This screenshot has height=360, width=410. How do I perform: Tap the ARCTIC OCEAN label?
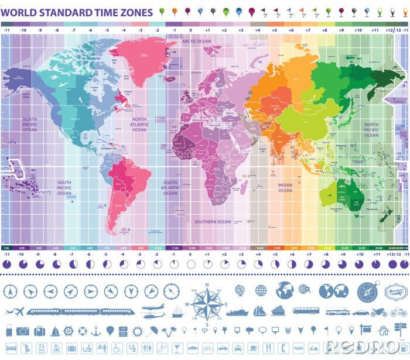tap(196, 42)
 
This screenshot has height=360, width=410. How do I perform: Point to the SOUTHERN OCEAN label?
tap(213, 222)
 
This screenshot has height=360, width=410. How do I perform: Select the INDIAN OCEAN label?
tap(285, 187)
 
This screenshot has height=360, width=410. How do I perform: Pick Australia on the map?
tap(351, 193)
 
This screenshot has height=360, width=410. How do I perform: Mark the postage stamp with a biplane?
tap(395, 291)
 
